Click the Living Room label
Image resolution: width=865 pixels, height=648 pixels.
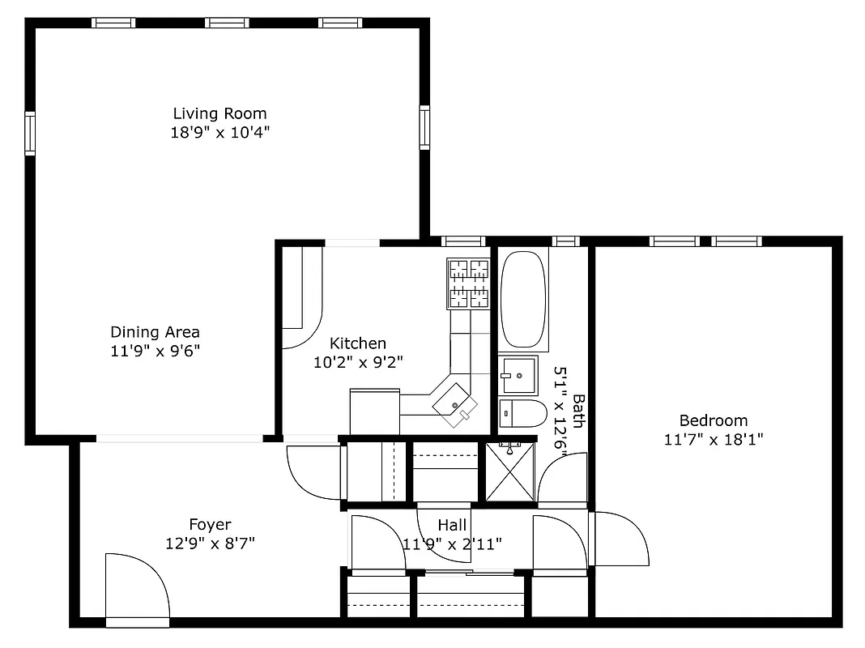pyautogui.click(x=219, y=113)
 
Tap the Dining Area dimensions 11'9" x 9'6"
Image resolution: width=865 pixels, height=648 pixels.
pyautogui.click(x=155, y=351)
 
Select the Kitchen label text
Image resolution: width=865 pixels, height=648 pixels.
pyautogui.click(x=357, y=343)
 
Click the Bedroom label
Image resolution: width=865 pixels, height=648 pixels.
pyautogui.click(x=713, y=420)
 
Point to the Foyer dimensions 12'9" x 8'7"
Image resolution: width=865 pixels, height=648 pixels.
pyautogui.click(x=210, y=544)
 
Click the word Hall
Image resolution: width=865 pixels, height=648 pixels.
pyautogui.click(x=452, y=525)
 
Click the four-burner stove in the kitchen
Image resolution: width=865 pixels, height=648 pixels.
pyautogui.click(x=469, y=283)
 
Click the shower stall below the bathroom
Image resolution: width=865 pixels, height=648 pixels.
pyautogui.click(x=509, y=471)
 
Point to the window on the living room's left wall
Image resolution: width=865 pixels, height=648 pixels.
pyautogui.click(x=30, y=133)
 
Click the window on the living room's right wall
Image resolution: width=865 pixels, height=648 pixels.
pyautogui.click(x=424, y=127)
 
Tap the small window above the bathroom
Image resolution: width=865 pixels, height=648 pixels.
pyautogui.click(x=565, y=241)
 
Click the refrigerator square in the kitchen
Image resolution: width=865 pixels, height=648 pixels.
pyautogui.click(x=374, y=411)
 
